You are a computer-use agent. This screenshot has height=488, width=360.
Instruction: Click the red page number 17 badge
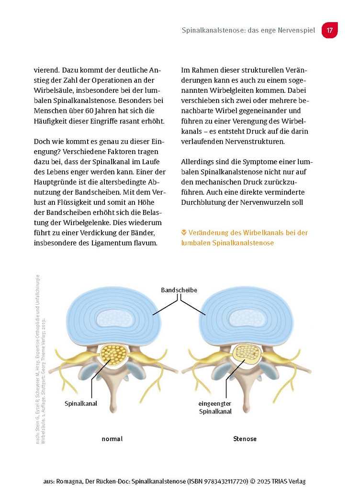(x=329, y=30)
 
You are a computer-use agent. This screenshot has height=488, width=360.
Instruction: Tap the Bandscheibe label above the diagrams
(x=179, y=290)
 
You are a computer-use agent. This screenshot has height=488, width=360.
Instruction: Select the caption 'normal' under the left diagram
(x=112, y=439)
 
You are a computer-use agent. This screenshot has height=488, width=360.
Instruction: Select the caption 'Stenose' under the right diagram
(x=245, y=439)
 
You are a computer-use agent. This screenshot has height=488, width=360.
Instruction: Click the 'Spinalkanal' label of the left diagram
(x=81, y=403)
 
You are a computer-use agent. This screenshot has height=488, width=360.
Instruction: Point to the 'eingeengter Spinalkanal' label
(x=215, y=407)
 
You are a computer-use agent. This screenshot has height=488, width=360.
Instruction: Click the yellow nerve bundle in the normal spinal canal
(x=114, y=355)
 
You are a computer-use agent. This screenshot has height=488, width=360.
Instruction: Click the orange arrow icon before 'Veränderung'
(x=184, y=233)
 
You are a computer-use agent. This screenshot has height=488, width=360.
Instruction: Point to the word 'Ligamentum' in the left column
(x=111, y=243)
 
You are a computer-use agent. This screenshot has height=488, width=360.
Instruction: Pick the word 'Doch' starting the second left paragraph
(x=42, y=142)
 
